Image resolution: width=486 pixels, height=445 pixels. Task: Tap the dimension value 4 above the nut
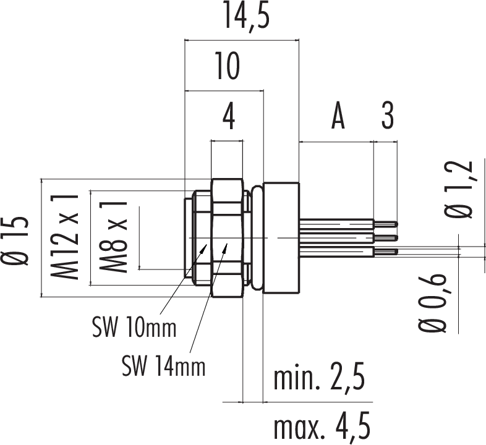coord(228,118)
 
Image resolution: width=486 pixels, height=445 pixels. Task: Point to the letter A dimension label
coord(337,117)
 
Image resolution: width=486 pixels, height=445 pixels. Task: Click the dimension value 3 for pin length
coord(387,117)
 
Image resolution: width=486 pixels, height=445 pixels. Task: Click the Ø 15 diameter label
coord(17,242)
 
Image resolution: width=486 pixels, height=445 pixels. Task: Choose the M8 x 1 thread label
coord(114,237)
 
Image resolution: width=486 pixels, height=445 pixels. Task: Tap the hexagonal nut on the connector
coord(226,238)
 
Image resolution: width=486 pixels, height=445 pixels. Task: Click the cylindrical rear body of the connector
coord(281,238)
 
